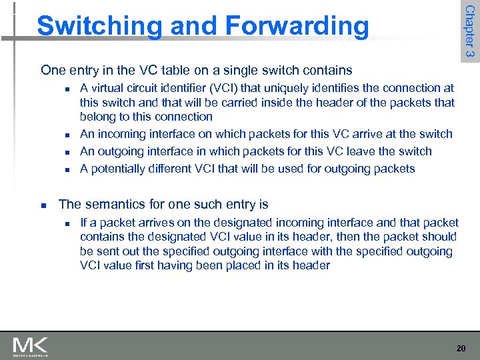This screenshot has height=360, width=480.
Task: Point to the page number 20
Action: [461, 349]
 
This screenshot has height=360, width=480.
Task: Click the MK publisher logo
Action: [30, 347]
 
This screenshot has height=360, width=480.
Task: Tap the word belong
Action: [98, 117]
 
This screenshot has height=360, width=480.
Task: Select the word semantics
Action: [113, 204]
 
